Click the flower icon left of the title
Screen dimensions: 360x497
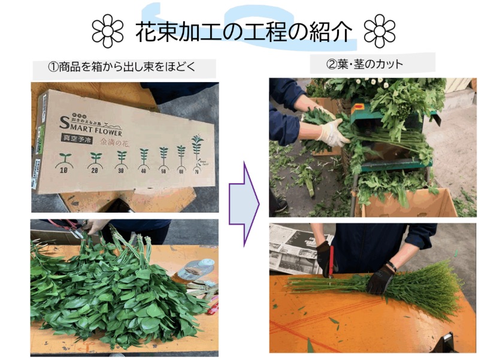pos(108,31)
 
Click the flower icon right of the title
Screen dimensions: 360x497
pos(380,31)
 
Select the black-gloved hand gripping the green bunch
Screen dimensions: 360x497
pos(381,279)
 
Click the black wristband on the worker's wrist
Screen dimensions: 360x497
pos(392,266)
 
